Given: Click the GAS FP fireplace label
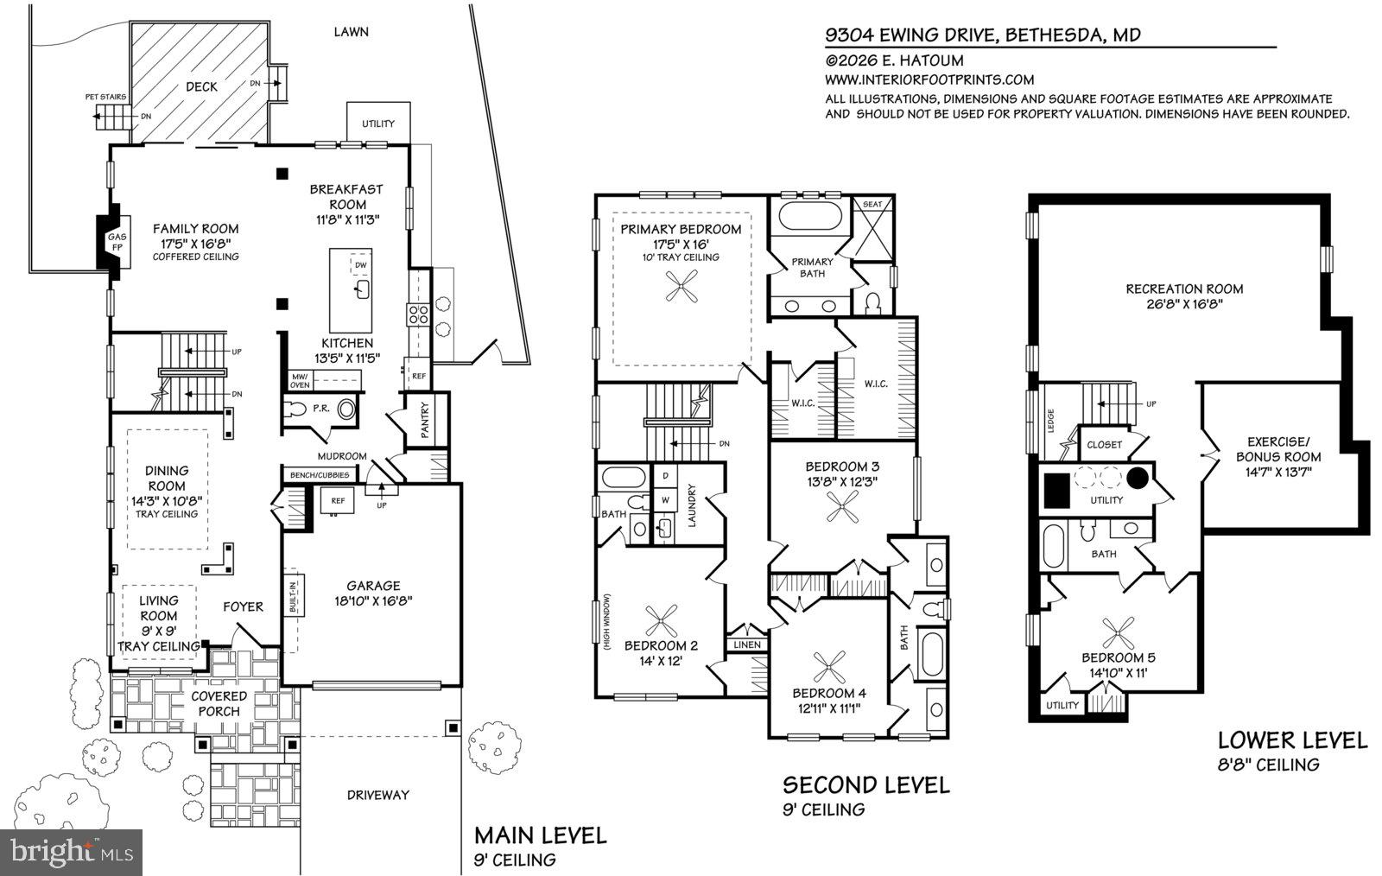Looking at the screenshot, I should point(115,241).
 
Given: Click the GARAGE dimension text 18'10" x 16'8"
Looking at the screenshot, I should point(373,600).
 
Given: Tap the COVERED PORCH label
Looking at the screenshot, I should point(219,703).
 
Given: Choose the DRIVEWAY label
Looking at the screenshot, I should point(377,794).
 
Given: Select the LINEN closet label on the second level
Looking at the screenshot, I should point(747,644).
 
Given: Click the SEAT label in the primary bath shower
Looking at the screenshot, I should point(872,204).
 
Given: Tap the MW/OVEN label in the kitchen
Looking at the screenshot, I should point(301,381).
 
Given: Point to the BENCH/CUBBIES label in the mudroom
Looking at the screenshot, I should point(319,475).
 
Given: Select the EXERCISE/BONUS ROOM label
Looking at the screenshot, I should point(1278,457).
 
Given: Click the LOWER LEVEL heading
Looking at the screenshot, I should point(1292,740).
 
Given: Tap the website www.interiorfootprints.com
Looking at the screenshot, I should point(929,79).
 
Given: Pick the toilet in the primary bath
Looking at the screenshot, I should point(872,302).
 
